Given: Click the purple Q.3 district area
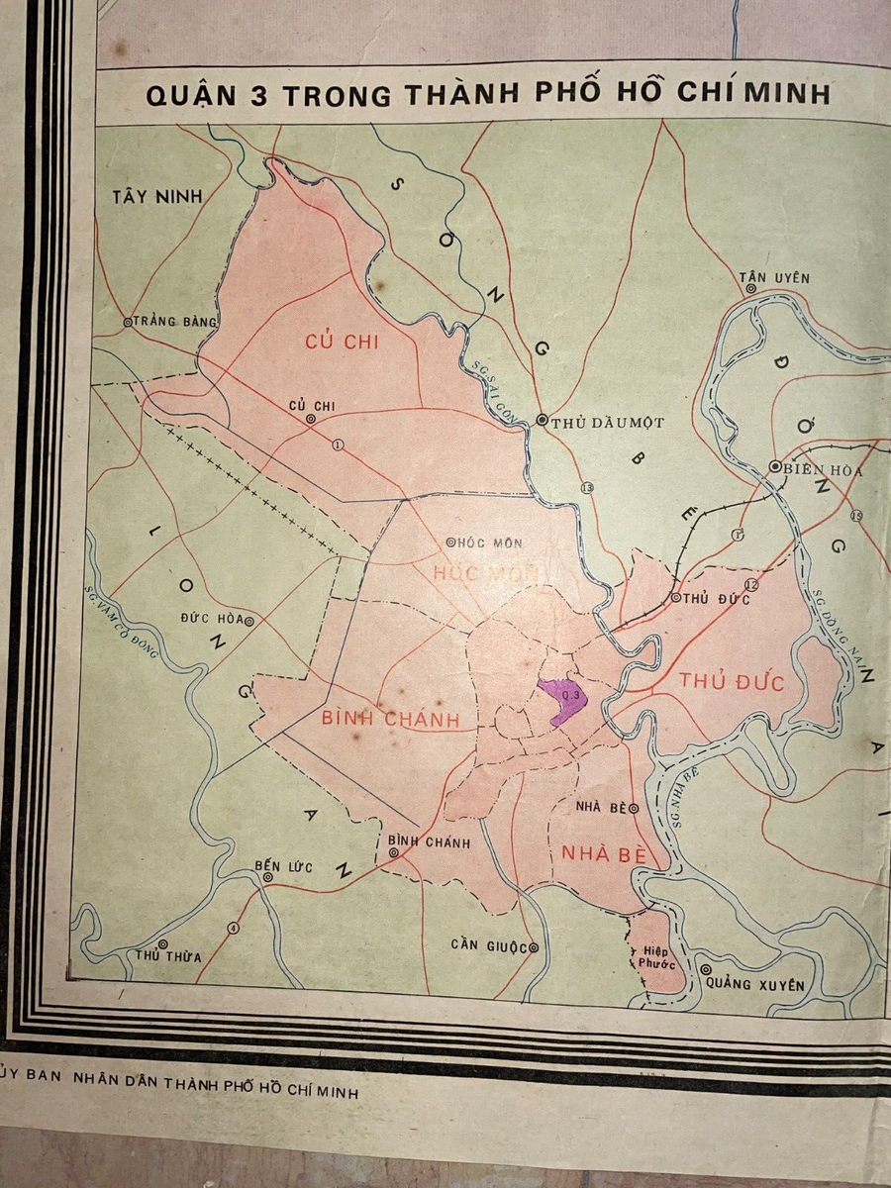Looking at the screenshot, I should (562, 700).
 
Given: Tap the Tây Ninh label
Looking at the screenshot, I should (156, 196).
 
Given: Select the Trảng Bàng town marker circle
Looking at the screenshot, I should (128, 322).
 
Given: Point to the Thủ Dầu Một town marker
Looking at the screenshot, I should (542, 420).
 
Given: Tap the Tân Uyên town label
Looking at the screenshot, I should (775, 277).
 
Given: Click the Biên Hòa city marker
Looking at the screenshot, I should (775, 467).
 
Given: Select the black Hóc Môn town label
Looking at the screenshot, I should (490, 543).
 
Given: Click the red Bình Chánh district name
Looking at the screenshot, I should (391, 720).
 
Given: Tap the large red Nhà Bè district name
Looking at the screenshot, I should (602, 853).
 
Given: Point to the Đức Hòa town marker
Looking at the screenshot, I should (249, 621).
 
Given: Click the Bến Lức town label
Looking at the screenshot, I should (283, 867).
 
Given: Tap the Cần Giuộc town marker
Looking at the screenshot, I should (534, 947).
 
